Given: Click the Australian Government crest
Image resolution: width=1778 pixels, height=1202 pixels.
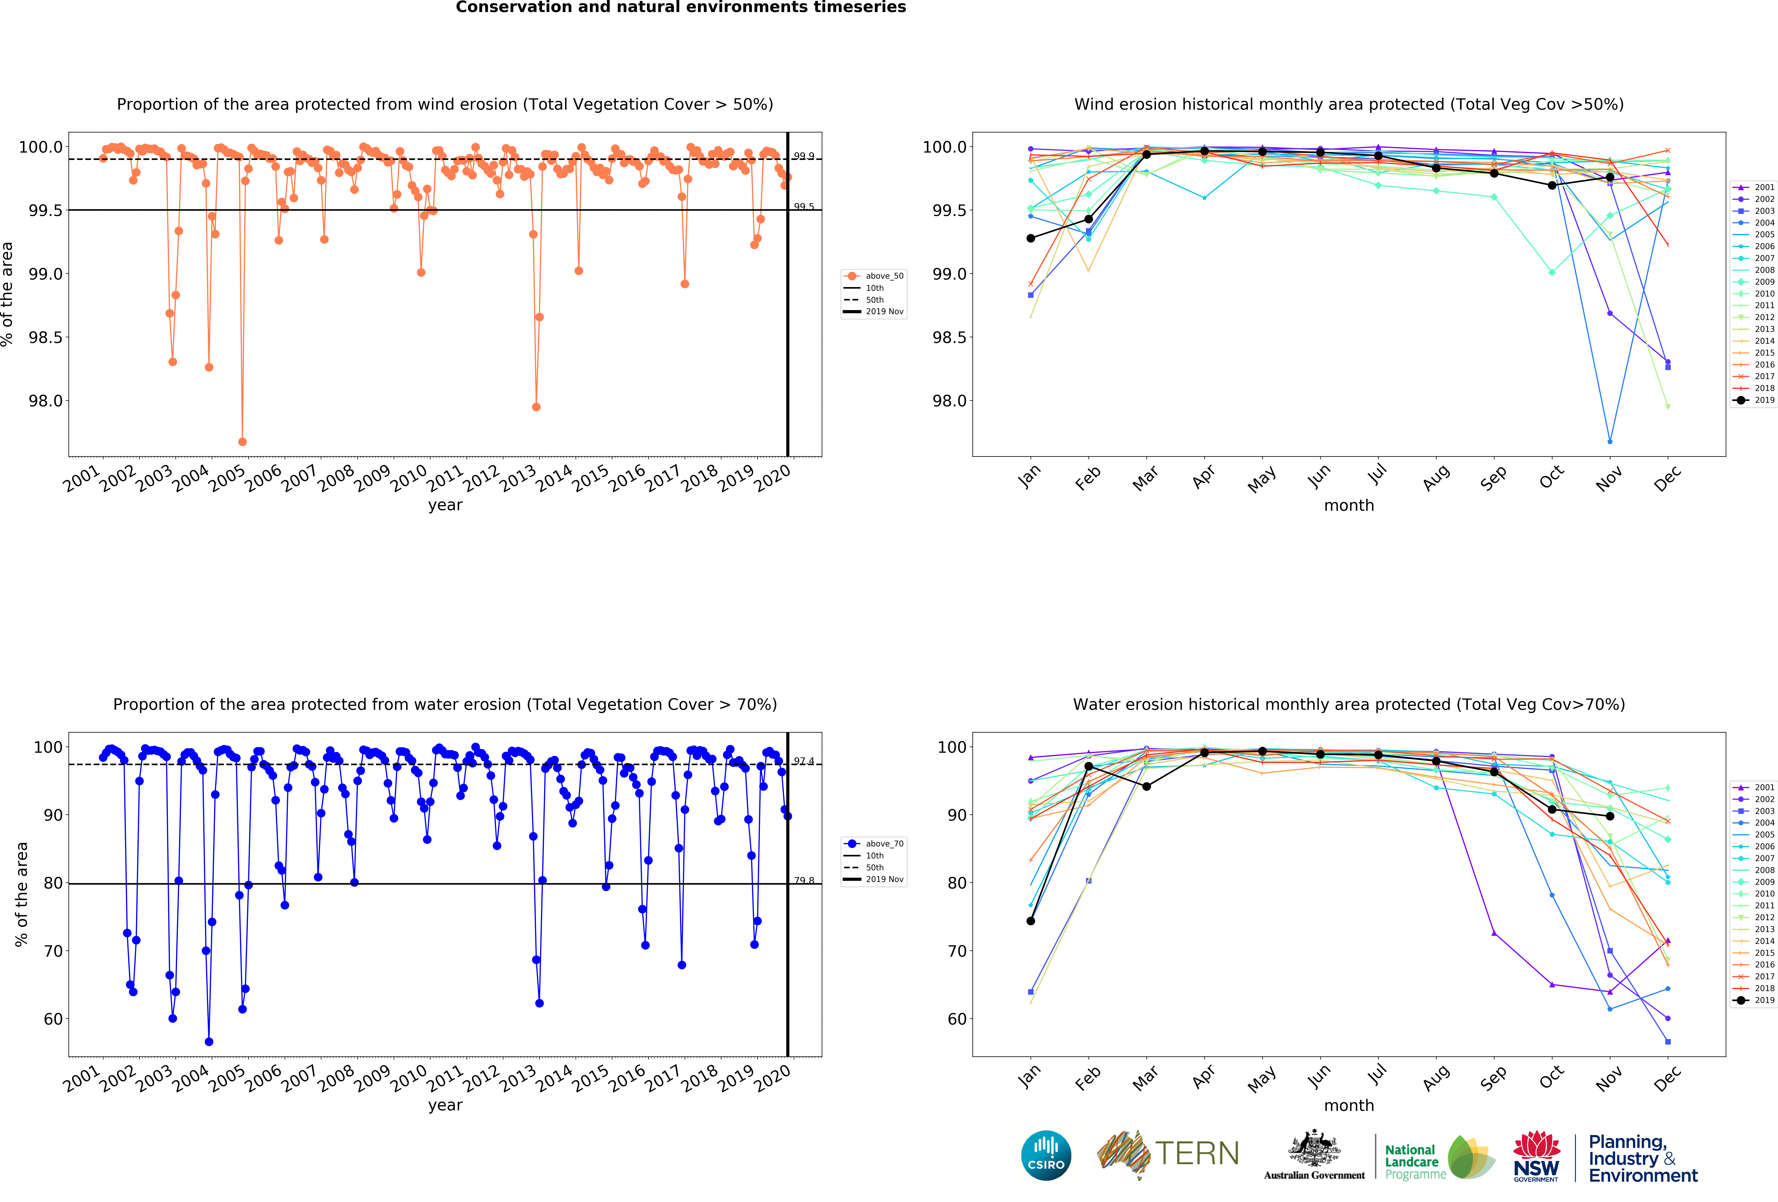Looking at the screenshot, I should (1314, 1148).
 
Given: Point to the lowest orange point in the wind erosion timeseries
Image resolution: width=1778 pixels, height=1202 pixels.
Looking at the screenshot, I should (242, 442).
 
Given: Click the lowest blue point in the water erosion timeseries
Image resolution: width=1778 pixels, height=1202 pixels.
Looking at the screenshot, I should (209, 1041).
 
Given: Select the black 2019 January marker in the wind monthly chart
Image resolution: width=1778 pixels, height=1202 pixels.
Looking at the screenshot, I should (1031, 238).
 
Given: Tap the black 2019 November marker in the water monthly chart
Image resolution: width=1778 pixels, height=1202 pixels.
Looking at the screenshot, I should (1610, 816).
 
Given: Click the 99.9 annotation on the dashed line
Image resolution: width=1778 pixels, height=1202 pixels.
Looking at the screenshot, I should (803, 156).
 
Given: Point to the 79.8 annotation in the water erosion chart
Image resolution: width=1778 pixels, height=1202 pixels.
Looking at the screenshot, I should (803, 881).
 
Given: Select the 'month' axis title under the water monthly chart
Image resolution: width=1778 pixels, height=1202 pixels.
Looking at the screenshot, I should (1349, 1106).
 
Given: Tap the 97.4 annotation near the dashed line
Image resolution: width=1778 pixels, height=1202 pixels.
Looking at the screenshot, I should (803, 761).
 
